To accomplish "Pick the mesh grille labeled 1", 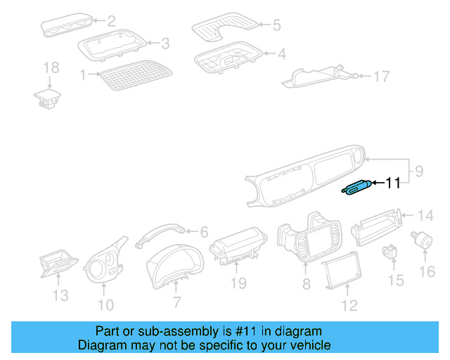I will [136, 75].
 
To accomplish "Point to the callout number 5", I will [276, 25].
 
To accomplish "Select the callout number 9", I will [418, 170].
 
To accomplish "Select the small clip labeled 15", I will [391, 251].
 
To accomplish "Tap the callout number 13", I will [61, 296].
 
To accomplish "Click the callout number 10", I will [105, 304].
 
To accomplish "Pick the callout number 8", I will [306, 284].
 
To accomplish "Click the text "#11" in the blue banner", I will [241, 331].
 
